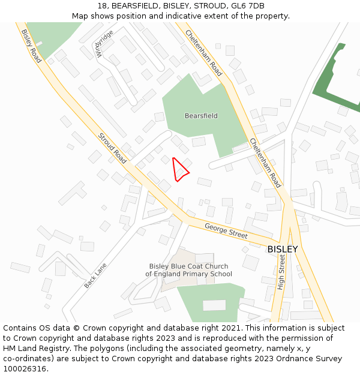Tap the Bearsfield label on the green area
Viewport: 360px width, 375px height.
coord(201,116)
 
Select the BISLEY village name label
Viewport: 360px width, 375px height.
coord(282,249)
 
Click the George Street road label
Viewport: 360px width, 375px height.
coord(226,231)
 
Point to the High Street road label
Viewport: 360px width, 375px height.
coord(281,271)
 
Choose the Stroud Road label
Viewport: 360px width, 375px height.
coord(112,148)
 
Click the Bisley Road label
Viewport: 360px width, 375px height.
coord(31,46)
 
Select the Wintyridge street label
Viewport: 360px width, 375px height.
coord(103,44)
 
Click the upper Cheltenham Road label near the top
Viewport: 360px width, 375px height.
coord(203,53)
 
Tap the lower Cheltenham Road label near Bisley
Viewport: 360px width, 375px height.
coord(265,163)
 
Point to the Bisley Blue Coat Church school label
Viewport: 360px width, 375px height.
coord(188,270)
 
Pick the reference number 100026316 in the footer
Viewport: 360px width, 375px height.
coord(24,368)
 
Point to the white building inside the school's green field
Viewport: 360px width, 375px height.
coord(214,305)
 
